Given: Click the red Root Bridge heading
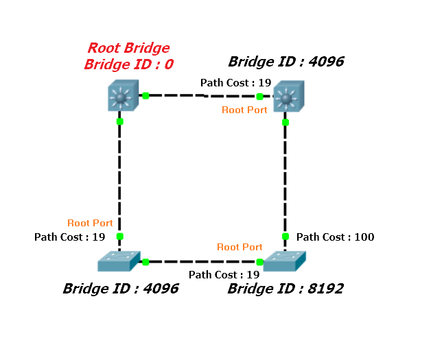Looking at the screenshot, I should pyautogui.click(x=128, y=49).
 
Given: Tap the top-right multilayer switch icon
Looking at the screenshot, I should pyautogui.click(x=288, y=97).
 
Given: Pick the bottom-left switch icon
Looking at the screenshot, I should pyautogui.click(x=119, y=261).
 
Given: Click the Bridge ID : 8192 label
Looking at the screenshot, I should pyautogui.click(x=286, y=289).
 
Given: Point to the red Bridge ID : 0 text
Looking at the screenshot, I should pyautogui.click(x=128, y=64).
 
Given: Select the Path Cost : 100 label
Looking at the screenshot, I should pyautogui.click(x=335, y=237).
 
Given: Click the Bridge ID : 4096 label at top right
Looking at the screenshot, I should pyautogui.click(x=286, y=62).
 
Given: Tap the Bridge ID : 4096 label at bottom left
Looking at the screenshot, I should pyautogui.click(x=121, y=289).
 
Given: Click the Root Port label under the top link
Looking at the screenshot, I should pyautogui.click(x=244, y=110).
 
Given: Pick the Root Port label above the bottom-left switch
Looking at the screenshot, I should pyautogui.click(x=90, y=223).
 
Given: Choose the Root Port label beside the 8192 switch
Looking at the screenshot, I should pyautogui.click(x=240, y=247).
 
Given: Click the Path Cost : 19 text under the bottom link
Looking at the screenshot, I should pyautogui.click(x=224, y=275).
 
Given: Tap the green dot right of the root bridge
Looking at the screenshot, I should pyautogui.click(x=145, y=95).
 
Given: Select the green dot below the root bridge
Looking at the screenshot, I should pyautogui.click(x=119, y=121).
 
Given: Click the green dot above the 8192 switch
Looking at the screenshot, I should pyautogui.click(x=286, y=237).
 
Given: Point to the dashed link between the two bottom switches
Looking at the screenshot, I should pyautogui.click(x=202, y=262).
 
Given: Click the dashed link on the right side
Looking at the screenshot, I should pyautogui.click(x=286, y=178).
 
